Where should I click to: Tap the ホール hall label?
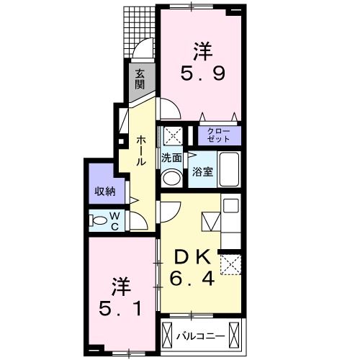tap(142, 149)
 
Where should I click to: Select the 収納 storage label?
tap(104, 191)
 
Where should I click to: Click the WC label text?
tap(115, 221)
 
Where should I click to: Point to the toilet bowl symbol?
tap(99, 221)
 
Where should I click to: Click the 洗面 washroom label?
tap(171, 157)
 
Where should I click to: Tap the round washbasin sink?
tap(172, 178)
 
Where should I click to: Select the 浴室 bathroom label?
tap(201, 172)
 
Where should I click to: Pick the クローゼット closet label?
tap(219, 135)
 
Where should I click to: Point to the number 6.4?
tap(193, 277)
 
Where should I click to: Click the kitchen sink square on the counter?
tap(230, 206)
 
